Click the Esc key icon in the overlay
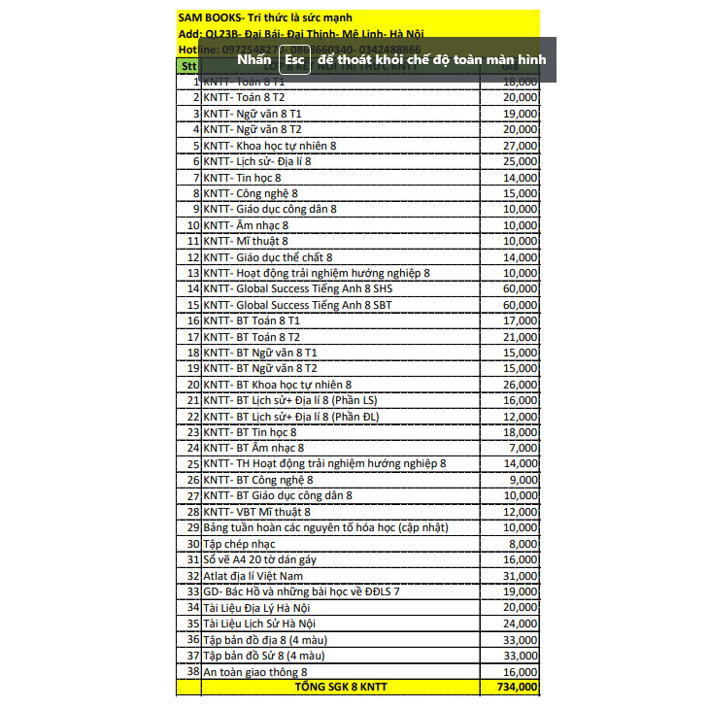pyautogui.click(x=295, y=59)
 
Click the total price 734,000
pyautogui.click(x=515, y=687)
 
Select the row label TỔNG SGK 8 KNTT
pyautogui.click(x=340, y=687)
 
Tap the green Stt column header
pyautogui.click(x=187, y=66)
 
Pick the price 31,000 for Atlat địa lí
pyautogui.click(x=520, y=575)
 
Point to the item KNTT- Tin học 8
pyautogui.click(x=242, y=178)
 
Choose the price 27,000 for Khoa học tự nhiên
pyautogui.click(x=520, y=146)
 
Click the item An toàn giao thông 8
pyautogui.click(x=254, y=671)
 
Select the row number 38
pyautogui.click(x=192, y=671)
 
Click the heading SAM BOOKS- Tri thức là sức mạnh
pyautogui.click(x=265, y=17)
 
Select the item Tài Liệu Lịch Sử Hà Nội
pyautogui.click(x=260, y=623)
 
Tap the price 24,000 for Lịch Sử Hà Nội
pyautogui.click(x=520, y=623)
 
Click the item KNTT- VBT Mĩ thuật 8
pyautogui.click(x=257, y=512)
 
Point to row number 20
pyautogui.click(x=192, y=385)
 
